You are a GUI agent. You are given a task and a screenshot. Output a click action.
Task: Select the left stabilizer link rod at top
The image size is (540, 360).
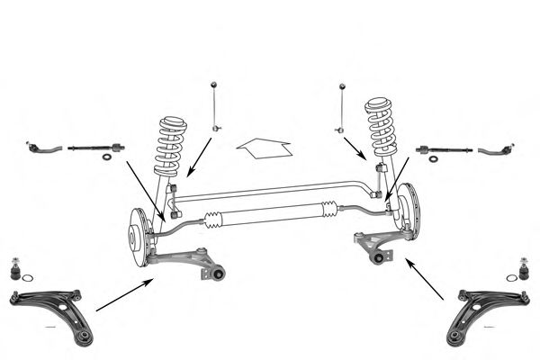coord(214,106)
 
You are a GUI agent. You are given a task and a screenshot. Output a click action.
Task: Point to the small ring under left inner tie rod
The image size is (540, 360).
coord(108,157)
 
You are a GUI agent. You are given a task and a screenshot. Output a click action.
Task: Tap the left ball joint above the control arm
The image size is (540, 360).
coord(16,267)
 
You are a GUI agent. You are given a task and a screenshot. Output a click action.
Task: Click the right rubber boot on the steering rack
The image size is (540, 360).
coord(329,210)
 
